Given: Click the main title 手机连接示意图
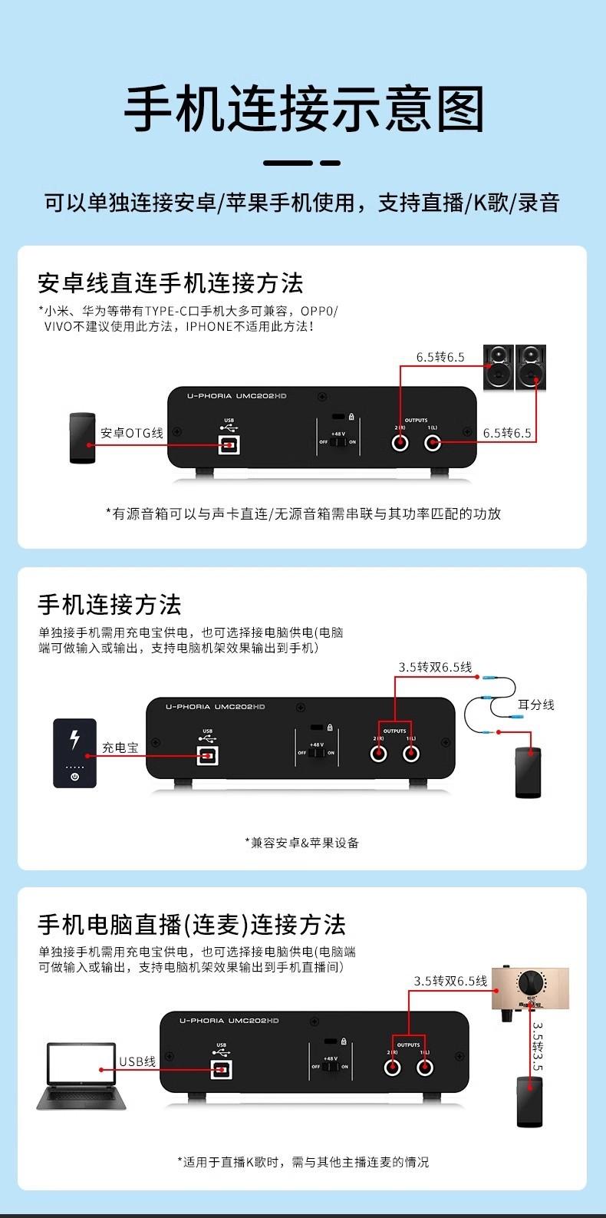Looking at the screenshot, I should pos(305,111).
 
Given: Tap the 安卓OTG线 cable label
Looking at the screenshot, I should pos(132,433).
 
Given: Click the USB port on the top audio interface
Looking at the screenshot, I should pos(229,444).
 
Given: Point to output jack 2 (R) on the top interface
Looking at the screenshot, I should pos(400,443).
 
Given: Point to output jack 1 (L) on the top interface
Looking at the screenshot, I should pos(433,443).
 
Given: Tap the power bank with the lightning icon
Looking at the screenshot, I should pos(74,752).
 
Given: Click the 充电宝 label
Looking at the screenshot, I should pos(120,747).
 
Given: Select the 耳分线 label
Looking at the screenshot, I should pos(535,705).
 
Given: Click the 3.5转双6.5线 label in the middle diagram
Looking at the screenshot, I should pos(435,667).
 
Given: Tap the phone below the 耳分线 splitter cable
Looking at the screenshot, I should pos(527,773).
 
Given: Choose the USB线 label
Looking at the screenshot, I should pos(137,1061).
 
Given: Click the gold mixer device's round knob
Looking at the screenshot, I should pos(530,982).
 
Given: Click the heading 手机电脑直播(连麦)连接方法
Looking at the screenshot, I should pos(192,925).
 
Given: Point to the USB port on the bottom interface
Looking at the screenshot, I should pos(221,1068).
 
